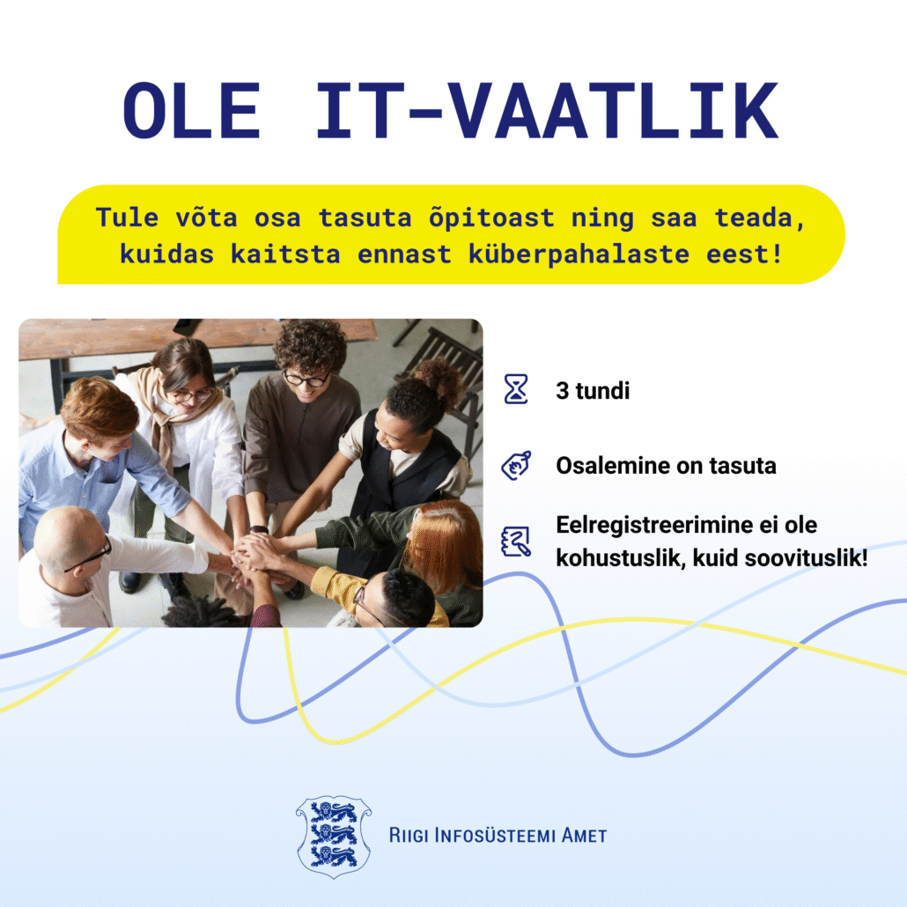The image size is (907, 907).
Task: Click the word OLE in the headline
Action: click(x=191, y=110)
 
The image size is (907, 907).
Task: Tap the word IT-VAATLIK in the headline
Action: click(x=547, y=110)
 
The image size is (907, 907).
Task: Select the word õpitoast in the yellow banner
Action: click(x=491, y=218)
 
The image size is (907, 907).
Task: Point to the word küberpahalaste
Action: click(x=579, y=254)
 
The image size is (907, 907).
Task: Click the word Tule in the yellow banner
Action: click(x=127, y=218)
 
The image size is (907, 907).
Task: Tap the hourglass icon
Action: click(x=515, y=388)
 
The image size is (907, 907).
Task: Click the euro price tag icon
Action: click(x=516, y=466)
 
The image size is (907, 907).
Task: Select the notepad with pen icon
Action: click(x=516, y=542)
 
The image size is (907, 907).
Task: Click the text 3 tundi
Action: click(x=593, y=391)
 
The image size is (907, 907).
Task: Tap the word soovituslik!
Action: click(x=807, y=558)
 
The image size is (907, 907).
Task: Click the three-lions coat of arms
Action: click(x=334, y=837)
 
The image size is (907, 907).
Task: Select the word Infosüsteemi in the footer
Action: click(x=495, y=836)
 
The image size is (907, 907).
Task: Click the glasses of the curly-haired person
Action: click(x=306, y=380)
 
